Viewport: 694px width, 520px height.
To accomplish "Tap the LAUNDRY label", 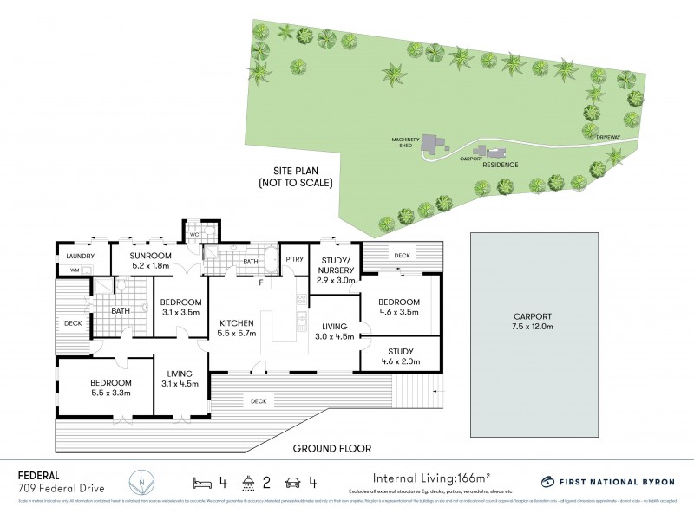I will tap(76, 257).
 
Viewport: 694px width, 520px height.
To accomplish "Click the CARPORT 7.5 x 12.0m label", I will tap(533, 322).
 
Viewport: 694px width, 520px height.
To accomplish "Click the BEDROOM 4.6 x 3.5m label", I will tap(399, 307).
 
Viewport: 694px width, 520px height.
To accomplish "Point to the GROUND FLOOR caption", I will tap(332, 448).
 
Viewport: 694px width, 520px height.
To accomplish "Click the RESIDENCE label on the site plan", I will tap(500, 165).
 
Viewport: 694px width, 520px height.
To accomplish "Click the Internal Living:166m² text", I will tap(429, 478).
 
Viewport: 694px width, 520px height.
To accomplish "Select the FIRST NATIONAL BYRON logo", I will tap(607, 481).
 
